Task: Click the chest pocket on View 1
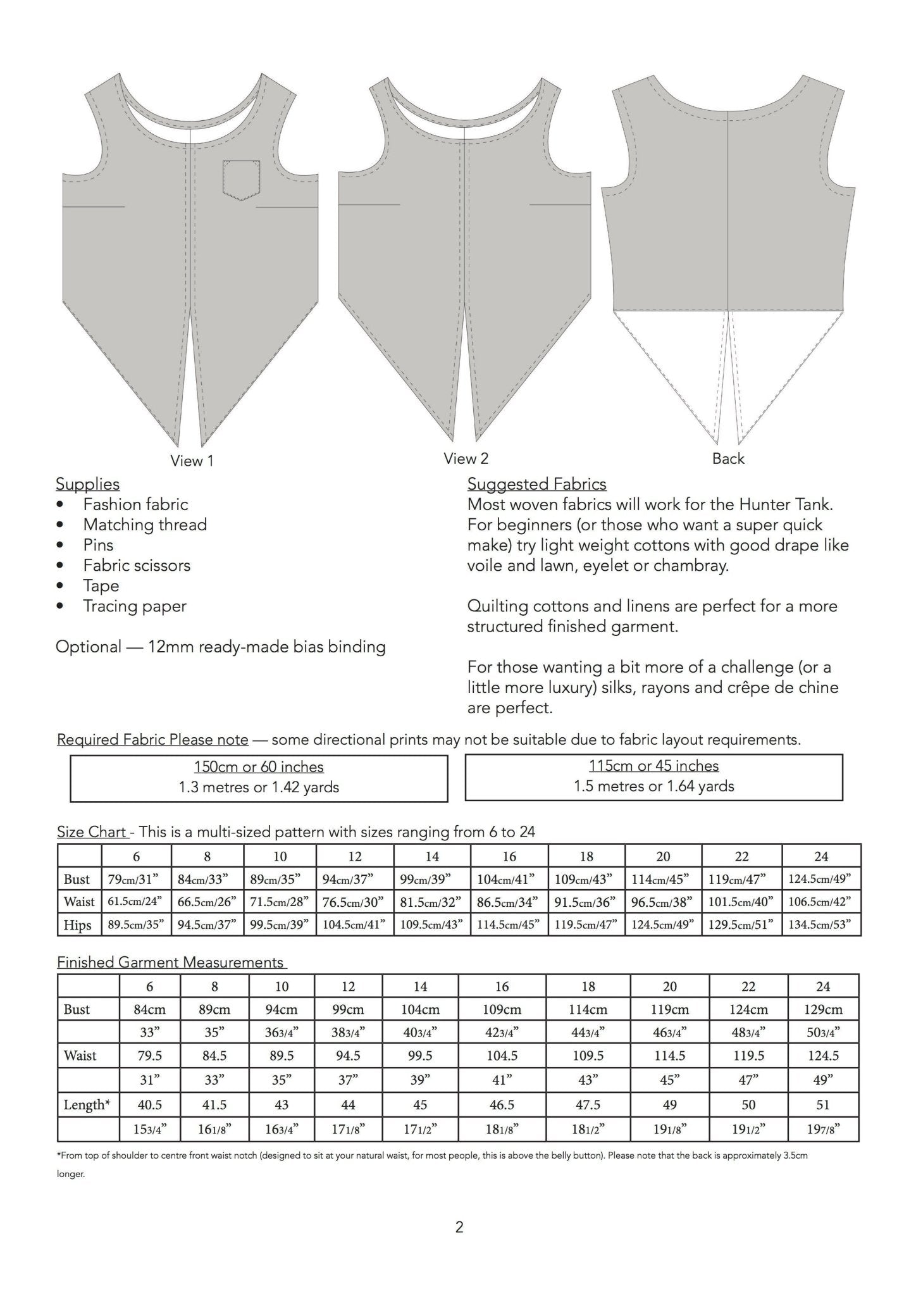click(241, 180)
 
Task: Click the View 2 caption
click(466, 459)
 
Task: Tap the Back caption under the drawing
click(728, 459)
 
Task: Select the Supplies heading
click(87, 484)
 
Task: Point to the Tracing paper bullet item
click(135, 606)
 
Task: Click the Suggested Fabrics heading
click(536, 484)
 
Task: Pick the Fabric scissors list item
click(137, 566)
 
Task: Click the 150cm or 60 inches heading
click(259, 767)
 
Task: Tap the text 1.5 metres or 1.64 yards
click(653, 787)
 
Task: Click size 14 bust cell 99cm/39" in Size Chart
click(432, 879)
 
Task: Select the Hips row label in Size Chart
click(77, 925)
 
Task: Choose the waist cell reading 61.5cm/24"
click(136, 902)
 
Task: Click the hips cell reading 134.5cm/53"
click(821, 925)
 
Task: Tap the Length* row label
click(87, 1105)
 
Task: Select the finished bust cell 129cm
click(823, 1009)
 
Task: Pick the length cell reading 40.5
click(150, 1105)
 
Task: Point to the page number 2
click(459, 1228)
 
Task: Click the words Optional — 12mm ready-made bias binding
click(220, 647)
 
